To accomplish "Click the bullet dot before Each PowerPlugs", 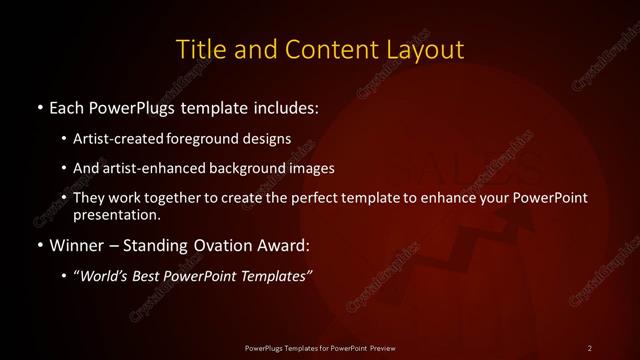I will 39,106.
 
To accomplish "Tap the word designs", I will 270,139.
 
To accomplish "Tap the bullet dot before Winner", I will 39,244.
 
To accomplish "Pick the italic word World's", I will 104,277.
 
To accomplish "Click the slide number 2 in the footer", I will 590,347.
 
